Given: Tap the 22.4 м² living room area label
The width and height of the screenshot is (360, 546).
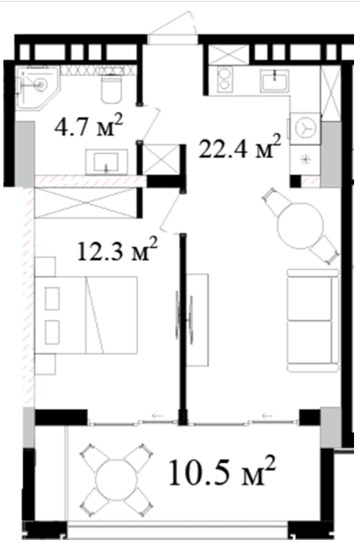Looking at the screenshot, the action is (x=240, y=146).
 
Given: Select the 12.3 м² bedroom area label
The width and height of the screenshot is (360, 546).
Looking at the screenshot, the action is (x=117, y=250).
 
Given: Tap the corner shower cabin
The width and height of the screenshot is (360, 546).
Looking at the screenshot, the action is (x=37, y=87).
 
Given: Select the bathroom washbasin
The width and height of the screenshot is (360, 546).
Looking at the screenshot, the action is (x=107, y=162).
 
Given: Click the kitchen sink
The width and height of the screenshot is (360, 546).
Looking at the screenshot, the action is (x=275, y=80).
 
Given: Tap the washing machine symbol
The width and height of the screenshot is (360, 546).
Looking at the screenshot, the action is (x=304, y=128).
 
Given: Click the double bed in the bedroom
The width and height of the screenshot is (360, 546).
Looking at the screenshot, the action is (x=86, y=315).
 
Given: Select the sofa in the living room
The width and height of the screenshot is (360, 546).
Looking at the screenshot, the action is (x=313, y=320).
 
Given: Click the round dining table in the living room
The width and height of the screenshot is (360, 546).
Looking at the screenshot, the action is (x=301, y=226).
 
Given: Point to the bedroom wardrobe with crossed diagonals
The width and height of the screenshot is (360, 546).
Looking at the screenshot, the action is (x=86, y=203).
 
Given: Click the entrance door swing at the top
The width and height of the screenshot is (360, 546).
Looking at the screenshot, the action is (x=173, y=24).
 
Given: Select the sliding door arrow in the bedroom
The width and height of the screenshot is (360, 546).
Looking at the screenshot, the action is (x=158, y=416).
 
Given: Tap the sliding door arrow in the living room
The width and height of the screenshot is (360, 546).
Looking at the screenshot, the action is (x=267, y=416).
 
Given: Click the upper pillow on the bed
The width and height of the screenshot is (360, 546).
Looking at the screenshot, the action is (x=52, y=299).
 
